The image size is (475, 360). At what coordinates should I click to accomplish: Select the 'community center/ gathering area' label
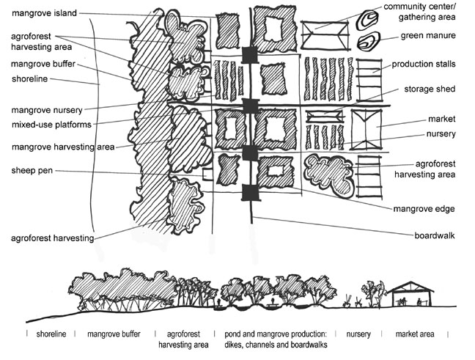click(x=430, y=12)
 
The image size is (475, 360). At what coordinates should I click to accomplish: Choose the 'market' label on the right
click(x=442, y=118)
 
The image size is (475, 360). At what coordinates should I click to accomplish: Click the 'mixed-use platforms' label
click(x=47, y=125)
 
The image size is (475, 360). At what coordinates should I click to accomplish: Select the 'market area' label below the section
click(x=415, y=334)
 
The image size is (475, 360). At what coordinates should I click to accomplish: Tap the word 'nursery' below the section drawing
click(x=358, y=334)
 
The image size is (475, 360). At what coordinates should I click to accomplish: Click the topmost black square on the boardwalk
click(x=250, y=55)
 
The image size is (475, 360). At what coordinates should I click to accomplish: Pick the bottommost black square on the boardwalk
click(x=250, y=192)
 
